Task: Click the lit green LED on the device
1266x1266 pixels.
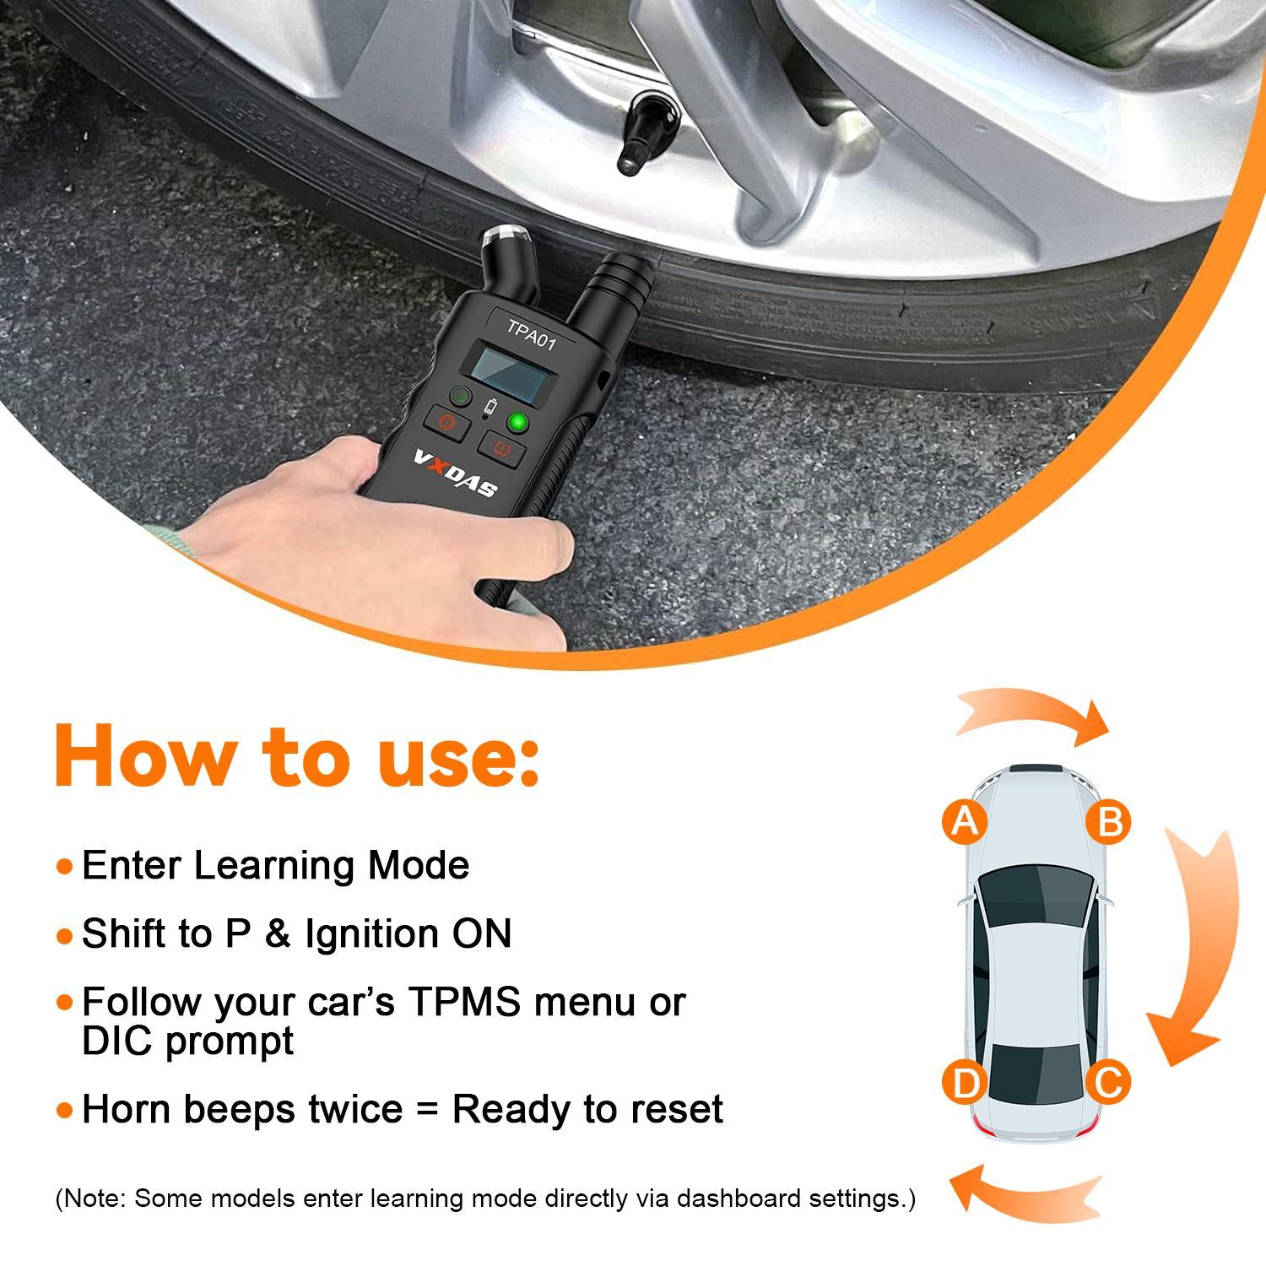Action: tap(517, 422)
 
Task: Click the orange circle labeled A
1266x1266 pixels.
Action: tap(965, 820)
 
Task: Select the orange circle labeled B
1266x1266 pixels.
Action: tap(1109, 820)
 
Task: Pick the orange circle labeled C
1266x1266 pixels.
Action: tap(1107, 1082)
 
